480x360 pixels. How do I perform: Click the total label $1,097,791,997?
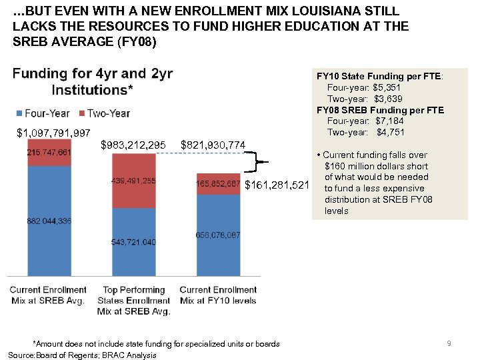pyautogui.click(x=53, y=133)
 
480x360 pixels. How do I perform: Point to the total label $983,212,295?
pyautogui.click(x=133, y=145)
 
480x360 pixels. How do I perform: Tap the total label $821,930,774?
pyautogui.click(x=213, y=145)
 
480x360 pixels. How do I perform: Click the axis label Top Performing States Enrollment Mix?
pyautogui.click(x=133, y=300)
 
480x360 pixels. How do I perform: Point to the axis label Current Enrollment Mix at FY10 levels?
pyautogui.click(x=218, y=295)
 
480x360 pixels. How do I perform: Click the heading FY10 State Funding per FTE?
pyautogui.click(x=379, y=77)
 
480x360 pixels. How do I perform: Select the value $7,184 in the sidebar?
pyautogui.click(x=389, y=121)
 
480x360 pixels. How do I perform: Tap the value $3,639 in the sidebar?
pyautogui.click(x=388, y=99)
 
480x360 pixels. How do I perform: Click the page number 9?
pyautogui.click(x=449, y=343)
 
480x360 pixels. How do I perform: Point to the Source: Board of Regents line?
pyautogui.click(x=82, y=355)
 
